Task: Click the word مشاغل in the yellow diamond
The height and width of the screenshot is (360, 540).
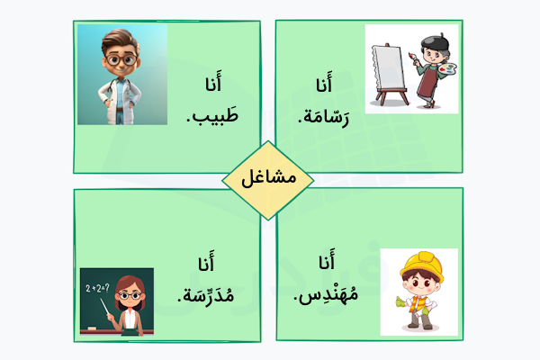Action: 269,178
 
